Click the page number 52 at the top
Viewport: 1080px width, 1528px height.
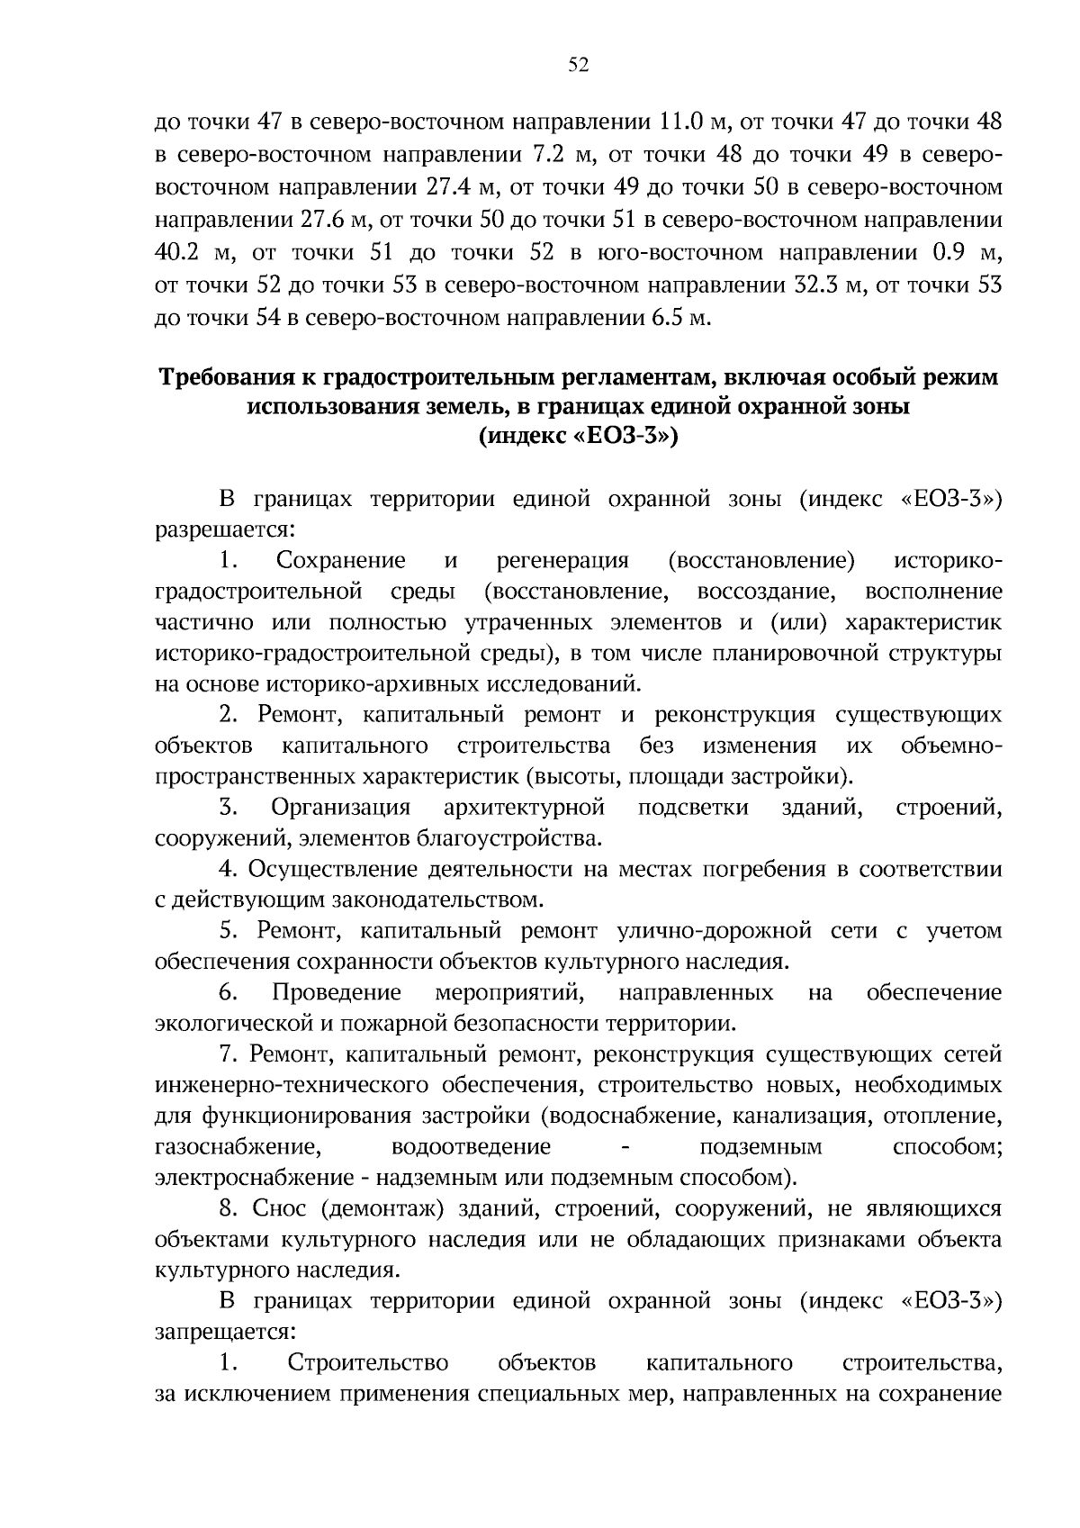(579, 65)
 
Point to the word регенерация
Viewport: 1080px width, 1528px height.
(562, 561)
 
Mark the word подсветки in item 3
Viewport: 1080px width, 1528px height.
(693, 807)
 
